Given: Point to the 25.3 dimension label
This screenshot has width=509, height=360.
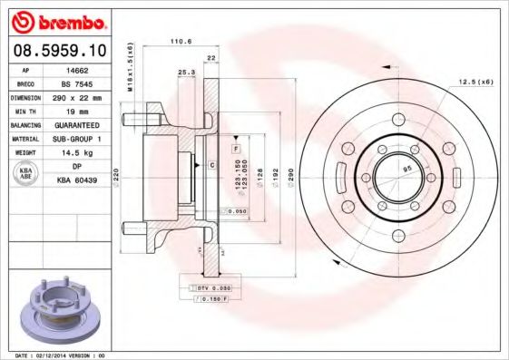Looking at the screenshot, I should click(x=185, y=71).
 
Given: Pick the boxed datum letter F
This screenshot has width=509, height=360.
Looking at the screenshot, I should click(x=235, y=147).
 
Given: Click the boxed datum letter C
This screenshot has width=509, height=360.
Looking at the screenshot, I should click(x=211, y=165).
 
